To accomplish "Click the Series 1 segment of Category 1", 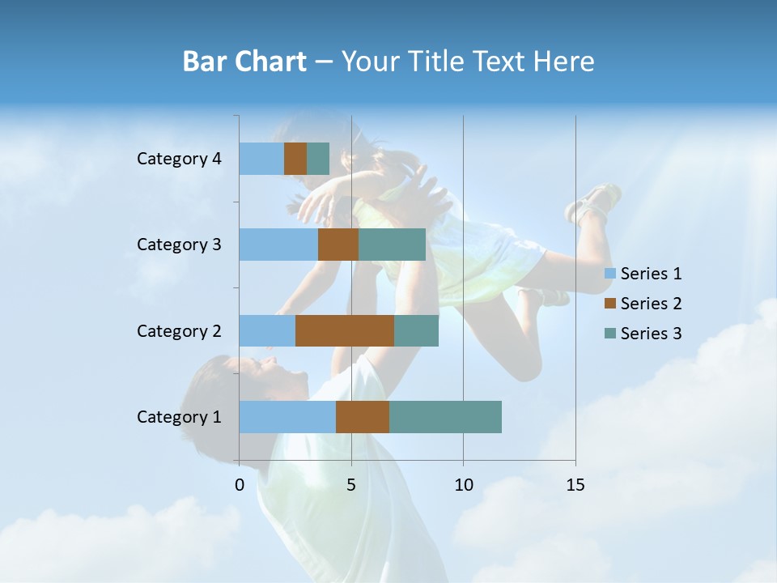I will coord(287,417).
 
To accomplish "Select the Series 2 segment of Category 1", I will coord(363,417).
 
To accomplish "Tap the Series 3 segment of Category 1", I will coord(445,417).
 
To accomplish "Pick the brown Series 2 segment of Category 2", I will coord(345,330).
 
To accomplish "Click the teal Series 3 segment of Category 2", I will coord(416,330).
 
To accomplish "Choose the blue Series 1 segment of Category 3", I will coord(278,245).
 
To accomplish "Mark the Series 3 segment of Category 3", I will coord(392,245).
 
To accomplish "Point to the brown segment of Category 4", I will coord(295,159).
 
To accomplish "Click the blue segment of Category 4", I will coord(261,159).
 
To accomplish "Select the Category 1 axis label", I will coord(179,417).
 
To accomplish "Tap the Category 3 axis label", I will coord(179,245).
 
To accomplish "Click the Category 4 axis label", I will coord(179,159).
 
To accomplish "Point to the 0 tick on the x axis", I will coord(240,485).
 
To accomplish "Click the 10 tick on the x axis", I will coord(463,485).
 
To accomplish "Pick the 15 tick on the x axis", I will coord(575,485).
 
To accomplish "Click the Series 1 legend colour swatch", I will coord(609,274).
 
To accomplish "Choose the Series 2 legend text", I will coord(651,304).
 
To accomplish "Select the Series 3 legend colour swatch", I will coord(609,334).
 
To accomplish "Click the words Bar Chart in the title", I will coord(244,62).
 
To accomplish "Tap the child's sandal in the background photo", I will coord(595,203).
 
